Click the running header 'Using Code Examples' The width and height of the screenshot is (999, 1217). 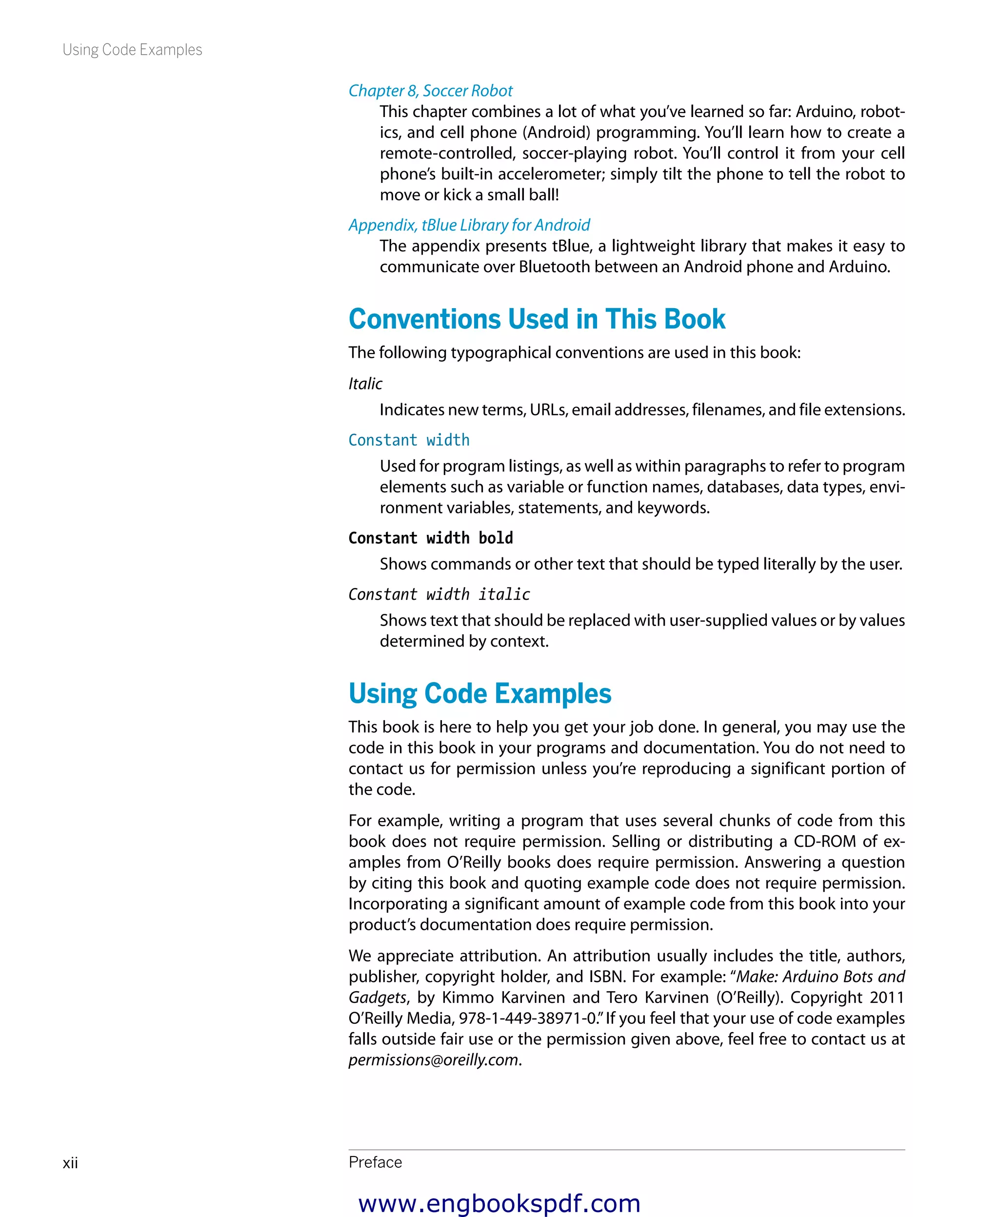[132, 50]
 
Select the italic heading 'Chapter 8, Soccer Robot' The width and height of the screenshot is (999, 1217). [430, 91]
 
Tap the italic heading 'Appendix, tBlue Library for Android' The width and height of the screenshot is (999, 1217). [469, 225]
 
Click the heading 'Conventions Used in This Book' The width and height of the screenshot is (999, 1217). [537, 319]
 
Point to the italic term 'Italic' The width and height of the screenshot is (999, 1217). [365, 384]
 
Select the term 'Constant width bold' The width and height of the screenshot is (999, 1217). [430, 538]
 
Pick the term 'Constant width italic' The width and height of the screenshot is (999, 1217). [439, 594]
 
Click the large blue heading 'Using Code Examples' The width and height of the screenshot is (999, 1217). [480, 694]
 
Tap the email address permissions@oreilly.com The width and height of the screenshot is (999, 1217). [433, 1060]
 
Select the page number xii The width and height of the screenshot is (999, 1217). [70, 1163]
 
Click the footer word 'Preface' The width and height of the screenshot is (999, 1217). [375, 1162]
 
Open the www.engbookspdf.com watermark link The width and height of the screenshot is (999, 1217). [499, 1203]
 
